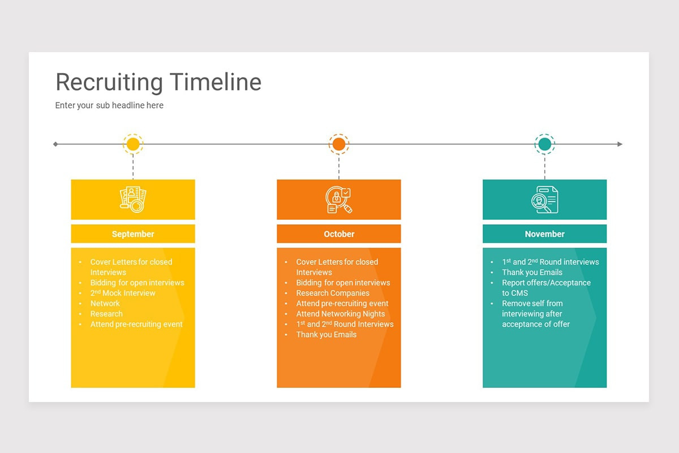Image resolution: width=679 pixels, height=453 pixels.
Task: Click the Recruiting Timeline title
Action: click(x=158, y=82)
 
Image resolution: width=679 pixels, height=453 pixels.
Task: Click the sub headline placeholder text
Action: click(x=109, y=105)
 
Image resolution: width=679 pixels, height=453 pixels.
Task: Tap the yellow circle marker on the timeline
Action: click(x=133, y=144)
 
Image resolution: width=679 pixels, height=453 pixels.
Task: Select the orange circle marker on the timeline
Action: click(x=339, y=144)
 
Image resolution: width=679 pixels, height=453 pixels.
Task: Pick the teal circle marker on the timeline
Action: click(x=545, y=144)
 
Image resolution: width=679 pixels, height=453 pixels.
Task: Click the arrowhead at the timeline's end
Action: click(x=620, y=144)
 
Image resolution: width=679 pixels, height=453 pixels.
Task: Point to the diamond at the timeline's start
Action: click(x=55, y=144)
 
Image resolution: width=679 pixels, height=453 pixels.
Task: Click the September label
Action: click(x=133, y=234)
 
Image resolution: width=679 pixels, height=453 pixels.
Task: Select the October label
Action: click(x=339, y=234)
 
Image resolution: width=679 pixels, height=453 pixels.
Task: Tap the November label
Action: click(x=545, y=234)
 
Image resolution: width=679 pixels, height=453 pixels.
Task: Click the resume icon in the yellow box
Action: click(x=133, y=199)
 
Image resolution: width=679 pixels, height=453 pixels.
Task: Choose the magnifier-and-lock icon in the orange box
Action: click(x=339, y=199)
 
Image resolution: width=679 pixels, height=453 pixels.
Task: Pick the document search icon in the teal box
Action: click(x=545, y=199)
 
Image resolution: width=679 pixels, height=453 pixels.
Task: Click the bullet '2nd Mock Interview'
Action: click(x=123, y=293)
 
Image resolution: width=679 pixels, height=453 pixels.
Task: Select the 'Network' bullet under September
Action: click(x=105, y=304)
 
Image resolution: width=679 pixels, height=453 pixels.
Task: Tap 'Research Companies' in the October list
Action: click(x=333, y=293)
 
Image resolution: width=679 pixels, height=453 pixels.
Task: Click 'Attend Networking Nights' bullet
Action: click(x=341, y=314)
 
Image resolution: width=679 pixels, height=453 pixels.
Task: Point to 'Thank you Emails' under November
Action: click(x=532, y=272)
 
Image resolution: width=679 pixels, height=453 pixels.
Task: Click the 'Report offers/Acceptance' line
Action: click(x=546, y=283)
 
